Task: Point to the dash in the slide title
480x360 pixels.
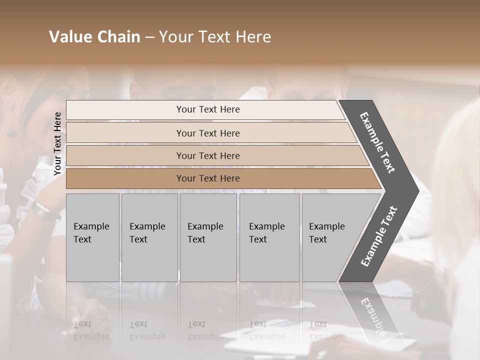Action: click(149, 37)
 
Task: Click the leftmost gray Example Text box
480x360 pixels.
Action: click(92, 237)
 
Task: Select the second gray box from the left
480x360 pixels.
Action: click(149, 237)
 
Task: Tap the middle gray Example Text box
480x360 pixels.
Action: click(208, 237)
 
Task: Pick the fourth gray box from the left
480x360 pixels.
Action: click(269, 237)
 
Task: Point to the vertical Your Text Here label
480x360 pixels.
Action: click(57, 143)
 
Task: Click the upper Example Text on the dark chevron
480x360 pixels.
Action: click(377, 142)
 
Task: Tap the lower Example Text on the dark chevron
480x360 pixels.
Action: click(379, 236)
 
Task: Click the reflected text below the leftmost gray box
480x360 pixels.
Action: click(91, 330)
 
